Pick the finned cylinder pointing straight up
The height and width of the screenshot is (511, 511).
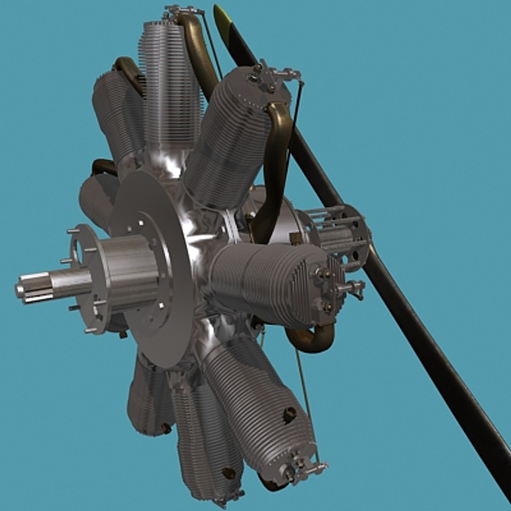[170, 85]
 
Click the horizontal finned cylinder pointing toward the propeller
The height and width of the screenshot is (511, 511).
[274, 284]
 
